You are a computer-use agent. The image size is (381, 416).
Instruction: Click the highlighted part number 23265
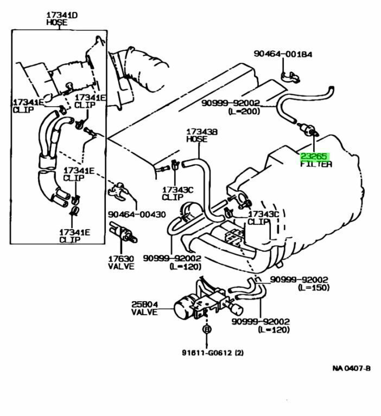point(315,156)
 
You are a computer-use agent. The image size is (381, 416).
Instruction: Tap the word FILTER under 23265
point(316,164)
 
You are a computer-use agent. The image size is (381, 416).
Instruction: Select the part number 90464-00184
point(283,54)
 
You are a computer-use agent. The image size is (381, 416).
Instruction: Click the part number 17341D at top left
point(61,16)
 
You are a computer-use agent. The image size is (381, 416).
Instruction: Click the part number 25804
point(144,304)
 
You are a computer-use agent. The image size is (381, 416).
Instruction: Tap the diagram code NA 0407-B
point(351,368)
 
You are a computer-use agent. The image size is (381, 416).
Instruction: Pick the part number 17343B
point(202,131)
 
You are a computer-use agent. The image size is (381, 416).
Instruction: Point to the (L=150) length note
point(313,287)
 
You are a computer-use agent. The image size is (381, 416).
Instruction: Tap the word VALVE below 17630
point(120,266)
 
